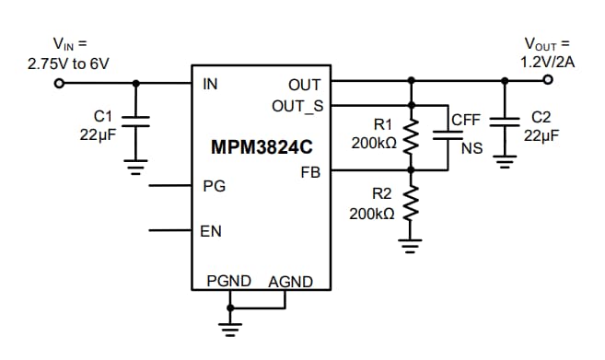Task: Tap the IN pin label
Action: (x=210, y=85)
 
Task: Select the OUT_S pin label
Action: (x=297, y=105)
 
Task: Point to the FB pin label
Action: (x=310, y=172)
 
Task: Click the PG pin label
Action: (x=213, y=186)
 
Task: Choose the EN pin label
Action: (x=211, y=231)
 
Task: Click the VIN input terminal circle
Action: (x=60, y=83)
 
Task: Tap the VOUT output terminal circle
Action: (x=548, y=80)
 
